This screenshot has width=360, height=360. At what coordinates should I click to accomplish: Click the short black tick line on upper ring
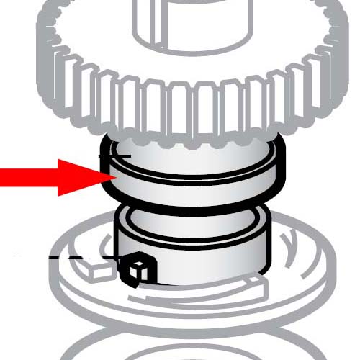[120, 156]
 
